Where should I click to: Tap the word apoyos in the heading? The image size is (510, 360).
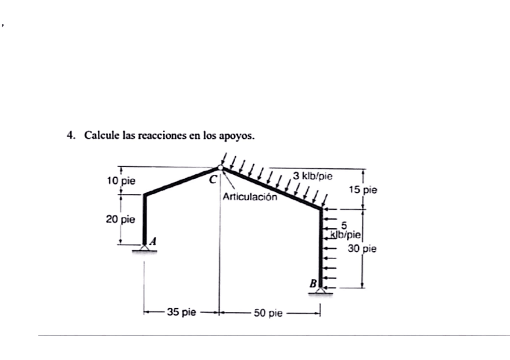[239, 136]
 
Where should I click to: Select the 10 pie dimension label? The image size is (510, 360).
[121, 180]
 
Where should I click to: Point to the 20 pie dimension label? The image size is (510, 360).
[121, 219]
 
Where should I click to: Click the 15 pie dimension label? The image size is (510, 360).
[363, 190]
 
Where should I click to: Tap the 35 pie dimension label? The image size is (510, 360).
[182, 312]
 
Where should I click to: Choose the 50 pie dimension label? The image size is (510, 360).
[268, 313]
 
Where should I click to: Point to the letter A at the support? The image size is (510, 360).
[153, 240]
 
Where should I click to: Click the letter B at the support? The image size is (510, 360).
[313, 282]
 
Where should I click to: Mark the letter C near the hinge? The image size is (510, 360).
[211, 178]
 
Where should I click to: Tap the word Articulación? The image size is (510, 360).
[250, 197]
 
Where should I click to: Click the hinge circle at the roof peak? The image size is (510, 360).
[220, 168]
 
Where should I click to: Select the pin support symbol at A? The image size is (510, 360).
[144, 247]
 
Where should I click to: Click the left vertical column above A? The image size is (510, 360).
[144, 216]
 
